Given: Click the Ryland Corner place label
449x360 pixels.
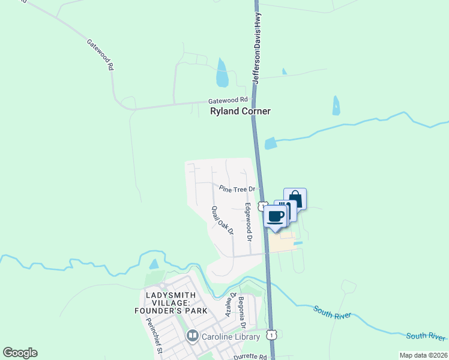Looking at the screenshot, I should click(x=240, y=112).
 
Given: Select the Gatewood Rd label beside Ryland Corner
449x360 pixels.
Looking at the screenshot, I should click(x=228, y=100).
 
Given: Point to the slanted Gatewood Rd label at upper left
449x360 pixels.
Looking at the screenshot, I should click(x=100, y=56).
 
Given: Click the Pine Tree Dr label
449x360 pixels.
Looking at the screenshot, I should click(x=237, y=188).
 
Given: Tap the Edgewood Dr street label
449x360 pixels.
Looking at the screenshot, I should click(x=247, y=220).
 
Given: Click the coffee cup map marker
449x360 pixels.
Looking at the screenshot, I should click(x=276, y=217).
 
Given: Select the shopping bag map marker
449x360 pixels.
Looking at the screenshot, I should click(x=295, y=199).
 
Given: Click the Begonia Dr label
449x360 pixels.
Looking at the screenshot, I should click(x=243, y=312).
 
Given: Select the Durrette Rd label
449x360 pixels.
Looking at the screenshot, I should click(x=250, y=356).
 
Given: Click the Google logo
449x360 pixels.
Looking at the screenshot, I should click(x=20, y=353).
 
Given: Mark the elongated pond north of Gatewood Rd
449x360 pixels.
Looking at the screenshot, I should click(x=222, y=73).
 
